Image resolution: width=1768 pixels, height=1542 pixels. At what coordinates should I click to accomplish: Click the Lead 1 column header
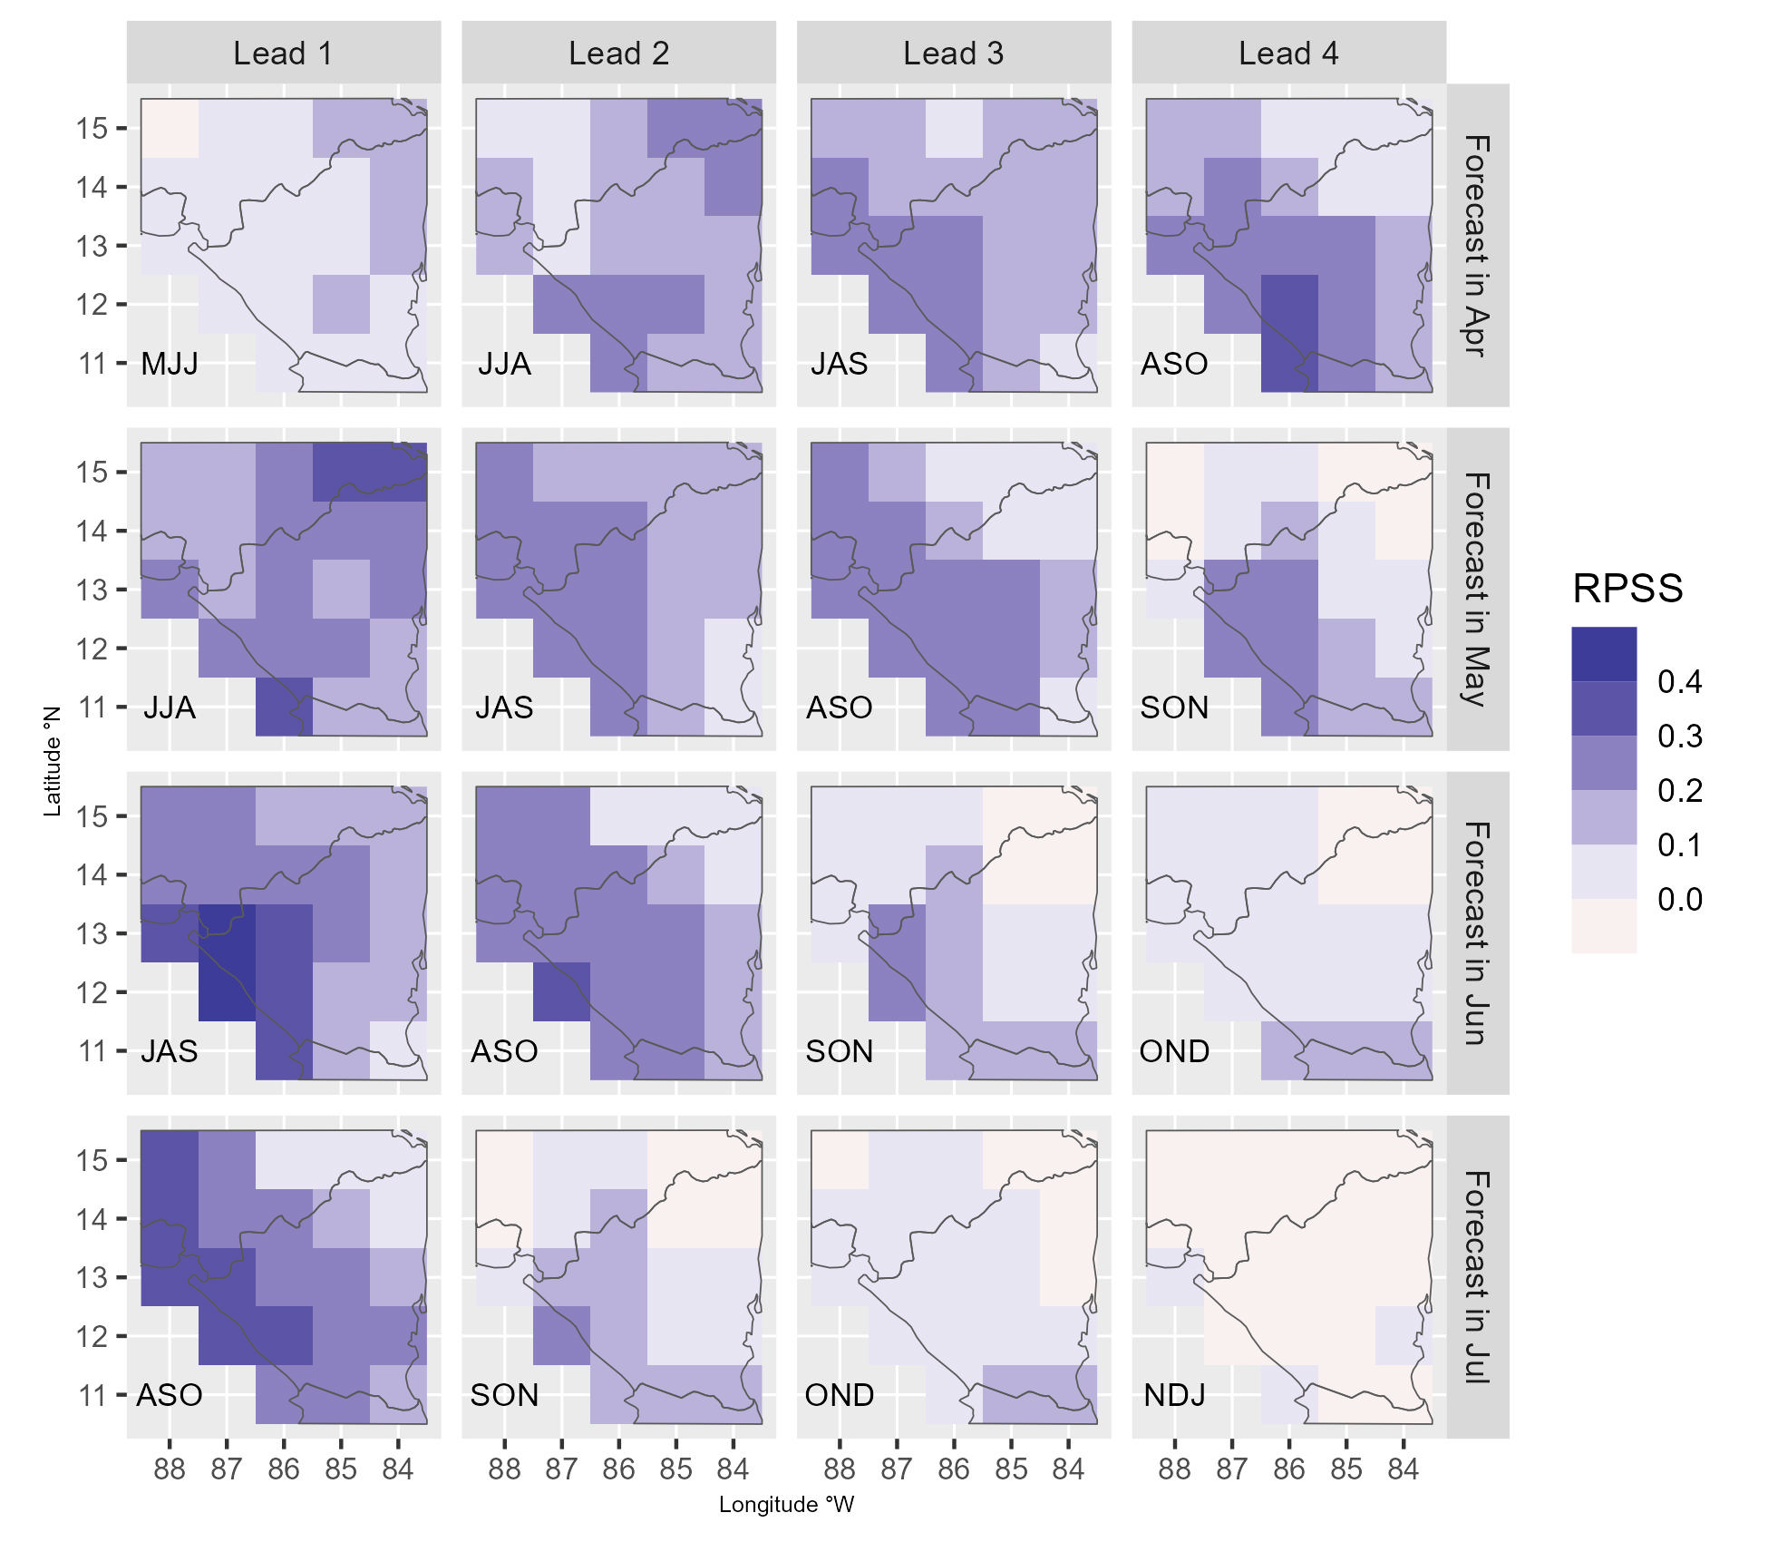pos(283,54)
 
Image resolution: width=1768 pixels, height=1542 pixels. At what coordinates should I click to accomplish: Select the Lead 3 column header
pos(953,54)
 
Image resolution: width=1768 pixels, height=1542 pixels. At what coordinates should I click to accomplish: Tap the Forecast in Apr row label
pos(1477,245)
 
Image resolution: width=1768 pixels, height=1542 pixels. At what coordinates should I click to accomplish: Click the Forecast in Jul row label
pos(1477,1276)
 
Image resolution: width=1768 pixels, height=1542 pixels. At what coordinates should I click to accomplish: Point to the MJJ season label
pos(170,364)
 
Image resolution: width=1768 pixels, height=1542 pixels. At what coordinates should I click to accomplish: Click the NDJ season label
pos(1174,1395)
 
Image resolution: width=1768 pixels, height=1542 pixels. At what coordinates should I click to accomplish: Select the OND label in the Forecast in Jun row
pos(1174,1051)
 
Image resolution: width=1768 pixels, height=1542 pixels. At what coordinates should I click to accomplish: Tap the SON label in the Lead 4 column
pos(1174,708)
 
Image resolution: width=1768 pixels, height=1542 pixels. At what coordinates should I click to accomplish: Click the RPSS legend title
pos(1627,589)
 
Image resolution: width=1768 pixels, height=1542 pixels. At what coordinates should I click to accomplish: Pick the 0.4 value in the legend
pos(1679,682)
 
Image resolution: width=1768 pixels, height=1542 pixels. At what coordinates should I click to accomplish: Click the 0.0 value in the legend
pos(1679,900)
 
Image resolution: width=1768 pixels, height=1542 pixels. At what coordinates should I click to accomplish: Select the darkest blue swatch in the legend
pos(1604,654)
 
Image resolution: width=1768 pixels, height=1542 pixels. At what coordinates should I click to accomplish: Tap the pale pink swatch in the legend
pos(1604,926)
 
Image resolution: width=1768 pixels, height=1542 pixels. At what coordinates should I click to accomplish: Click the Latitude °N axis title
pos(53,762)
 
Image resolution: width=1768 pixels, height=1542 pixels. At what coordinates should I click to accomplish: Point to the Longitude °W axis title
pos(786,1505)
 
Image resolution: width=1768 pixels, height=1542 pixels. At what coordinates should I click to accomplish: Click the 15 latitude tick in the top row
pos(92,129)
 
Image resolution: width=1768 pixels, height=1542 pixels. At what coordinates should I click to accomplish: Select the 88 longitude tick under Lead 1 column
pos(170,1469)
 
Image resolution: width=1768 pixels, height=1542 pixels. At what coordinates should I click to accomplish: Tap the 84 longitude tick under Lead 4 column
pos(1403,1469)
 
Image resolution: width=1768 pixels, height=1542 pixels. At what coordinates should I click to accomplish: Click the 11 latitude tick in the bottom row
pos(92,1395)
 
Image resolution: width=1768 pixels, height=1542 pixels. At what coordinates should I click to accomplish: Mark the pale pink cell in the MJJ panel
pos(170,129)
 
